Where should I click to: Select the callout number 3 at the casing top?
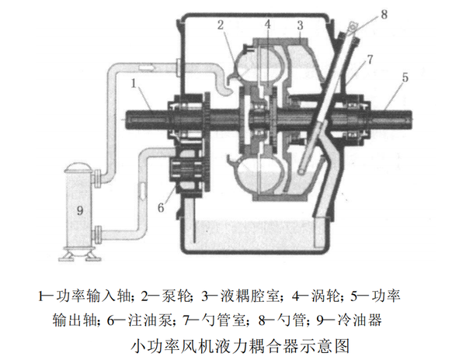298,26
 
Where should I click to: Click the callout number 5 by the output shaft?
405,78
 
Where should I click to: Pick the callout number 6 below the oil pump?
161,206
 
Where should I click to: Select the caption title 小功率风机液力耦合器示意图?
233,341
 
